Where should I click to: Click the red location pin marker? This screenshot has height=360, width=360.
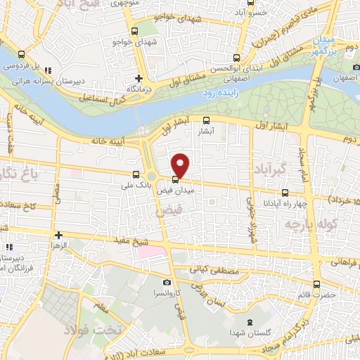click(181, 165)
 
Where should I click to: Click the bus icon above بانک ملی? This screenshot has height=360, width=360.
click(136, 174)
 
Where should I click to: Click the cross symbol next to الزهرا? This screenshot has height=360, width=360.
click(58, 235)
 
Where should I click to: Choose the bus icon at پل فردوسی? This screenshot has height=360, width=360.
click(22, 55)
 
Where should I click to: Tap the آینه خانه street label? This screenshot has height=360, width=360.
click(107, 140)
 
